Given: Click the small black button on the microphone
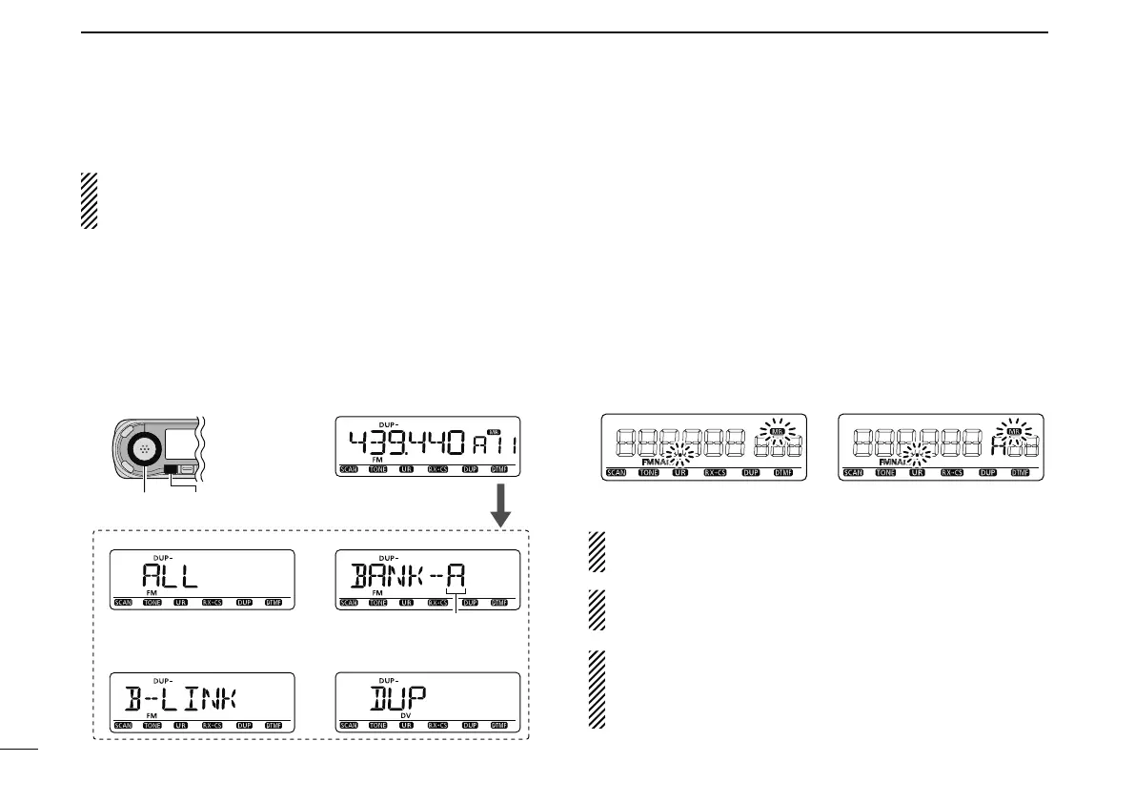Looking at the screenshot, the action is [x=171, y=470].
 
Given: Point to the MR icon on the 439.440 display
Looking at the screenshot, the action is [x=493, y=432].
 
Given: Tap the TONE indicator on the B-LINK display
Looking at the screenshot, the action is [x=152, y=725].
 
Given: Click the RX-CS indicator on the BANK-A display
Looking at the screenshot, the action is [x=438, y=604].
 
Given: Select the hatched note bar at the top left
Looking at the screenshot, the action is [x=89, y=200].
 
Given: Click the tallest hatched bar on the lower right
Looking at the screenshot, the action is [x=597, y=690].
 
